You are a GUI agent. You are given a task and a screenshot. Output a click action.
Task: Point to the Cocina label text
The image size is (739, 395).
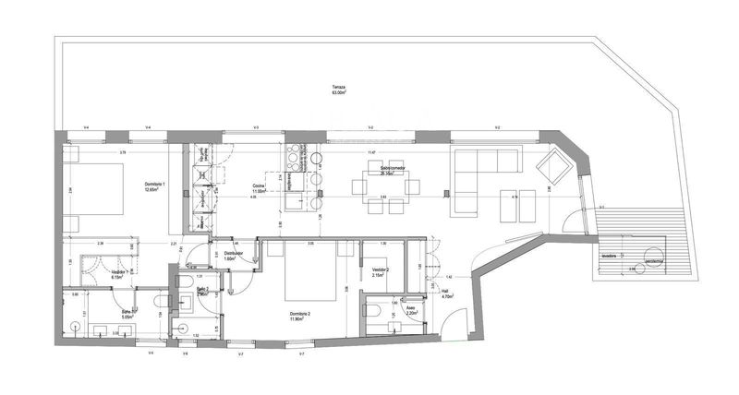tap(260, 187)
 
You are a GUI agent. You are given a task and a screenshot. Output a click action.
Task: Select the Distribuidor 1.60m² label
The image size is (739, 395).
tap(232, 256)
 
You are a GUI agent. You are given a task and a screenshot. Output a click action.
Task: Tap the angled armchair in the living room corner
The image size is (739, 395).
tap(557, 169)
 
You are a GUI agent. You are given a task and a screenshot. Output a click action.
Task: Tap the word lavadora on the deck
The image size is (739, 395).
tap(608, 257)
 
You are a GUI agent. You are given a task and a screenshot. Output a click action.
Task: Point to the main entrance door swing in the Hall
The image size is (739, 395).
tap(453, 325)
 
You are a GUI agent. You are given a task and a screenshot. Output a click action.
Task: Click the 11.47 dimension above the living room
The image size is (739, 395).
tap(371, 151)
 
